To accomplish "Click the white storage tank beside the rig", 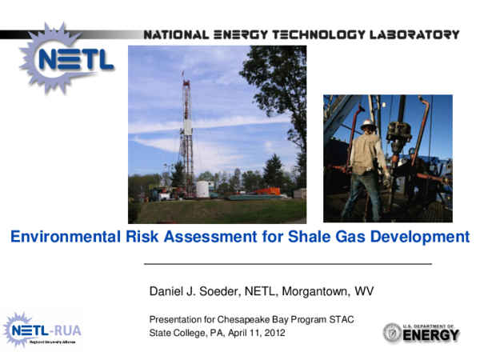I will point(202,190).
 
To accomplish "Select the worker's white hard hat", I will point(367,125).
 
